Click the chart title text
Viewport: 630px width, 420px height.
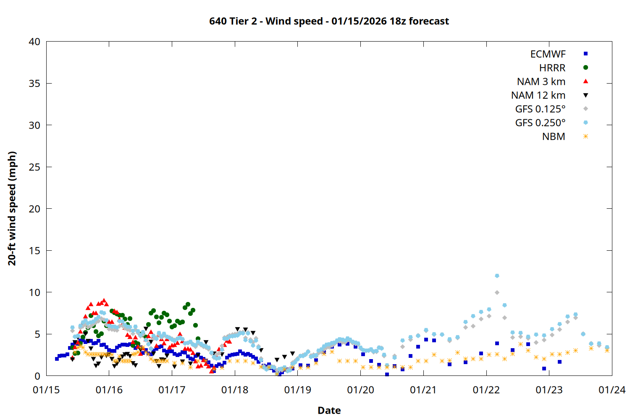(329, 21)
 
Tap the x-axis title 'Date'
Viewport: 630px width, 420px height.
(329, 410)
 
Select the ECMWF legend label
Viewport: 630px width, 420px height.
(548, 54)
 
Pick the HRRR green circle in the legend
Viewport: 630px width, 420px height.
(585, 68)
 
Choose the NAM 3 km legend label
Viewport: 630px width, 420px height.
(541, 81)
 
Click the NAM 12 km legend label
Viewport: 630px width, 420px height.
(538, 95)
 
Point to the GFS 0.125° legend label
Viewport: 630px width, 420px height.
(540, 109)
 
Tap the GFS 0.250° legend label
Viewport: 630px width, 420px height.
(540, 123)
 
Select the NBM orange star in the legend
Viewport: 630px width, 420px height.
(585, 136)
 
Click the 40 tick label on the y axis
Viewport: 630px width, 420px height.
(34, 42)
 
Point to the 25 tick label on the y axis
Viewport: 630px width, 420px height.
(34, 167)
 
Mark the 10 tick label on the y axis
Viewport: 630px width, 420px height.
(34, 292)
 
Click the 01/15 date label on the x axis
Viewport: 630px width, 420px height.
(46, 390)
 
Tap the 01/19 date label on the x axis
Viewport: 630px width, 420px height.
(297, 390)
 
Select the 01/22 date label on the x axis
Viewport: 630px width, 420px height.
(486, 390)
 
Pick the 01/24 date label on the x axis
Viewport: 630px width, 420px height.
(612, 390)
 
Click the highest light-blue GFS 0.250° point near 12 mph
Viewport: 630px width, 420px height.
(497, 276)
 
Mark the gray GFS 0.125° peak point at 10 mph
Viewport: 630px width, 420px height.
(497, 292)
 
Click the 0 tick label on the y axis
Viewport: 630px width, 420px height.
(37, 376)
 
